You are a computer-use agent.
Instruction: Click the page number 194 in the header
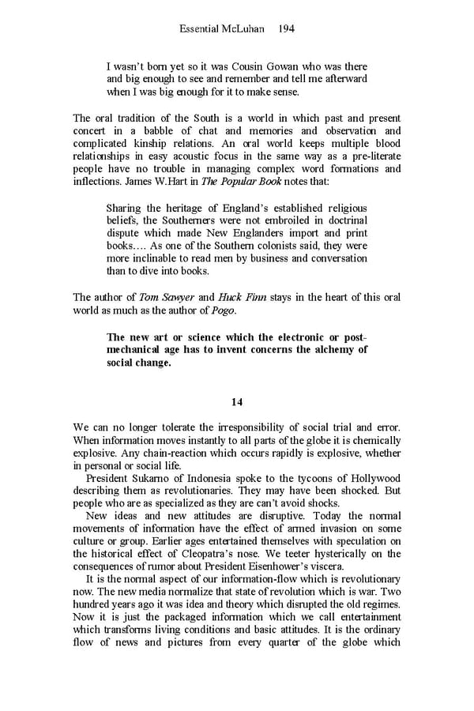click(x=288, y=28)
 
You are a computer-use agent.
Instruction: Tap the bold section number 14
click(x=237, y=401)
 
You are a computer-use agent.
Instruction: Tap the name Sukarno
click(x=156, y=479)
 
